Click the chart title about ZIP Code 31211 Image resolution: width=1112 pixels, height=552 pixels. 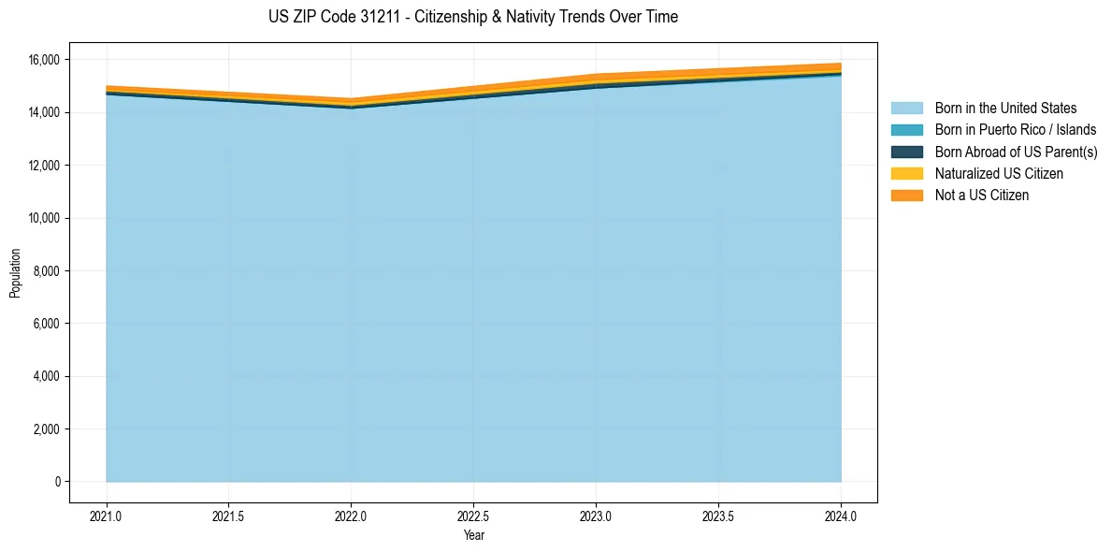(472, 17)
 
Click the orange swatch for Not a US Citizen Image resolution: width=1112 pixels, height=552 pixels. (906, 195)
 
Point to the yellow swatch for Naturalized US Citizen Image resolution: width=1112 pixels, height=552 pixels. (906, 173)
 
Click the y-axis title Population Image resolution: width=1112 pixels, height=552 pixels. (15, 273)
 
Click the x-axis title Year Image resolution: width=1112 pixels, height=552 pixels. (474, 535)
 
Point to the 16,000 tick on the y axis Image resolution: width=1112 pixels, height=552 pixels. (43, 60)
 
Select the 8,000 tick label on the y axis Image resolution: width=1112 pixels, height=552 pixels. (46, 271)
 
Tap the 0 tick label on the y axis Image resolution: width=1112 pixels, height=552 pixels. (56, 482)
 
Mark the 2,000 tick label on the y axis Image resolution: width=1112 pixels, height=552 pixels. (46, 429)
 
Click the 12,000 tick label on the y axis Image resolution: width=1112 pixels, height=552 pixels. (43, 166)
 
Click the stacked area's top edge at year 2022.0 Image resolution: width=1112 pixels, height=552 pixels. (351, 99)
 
